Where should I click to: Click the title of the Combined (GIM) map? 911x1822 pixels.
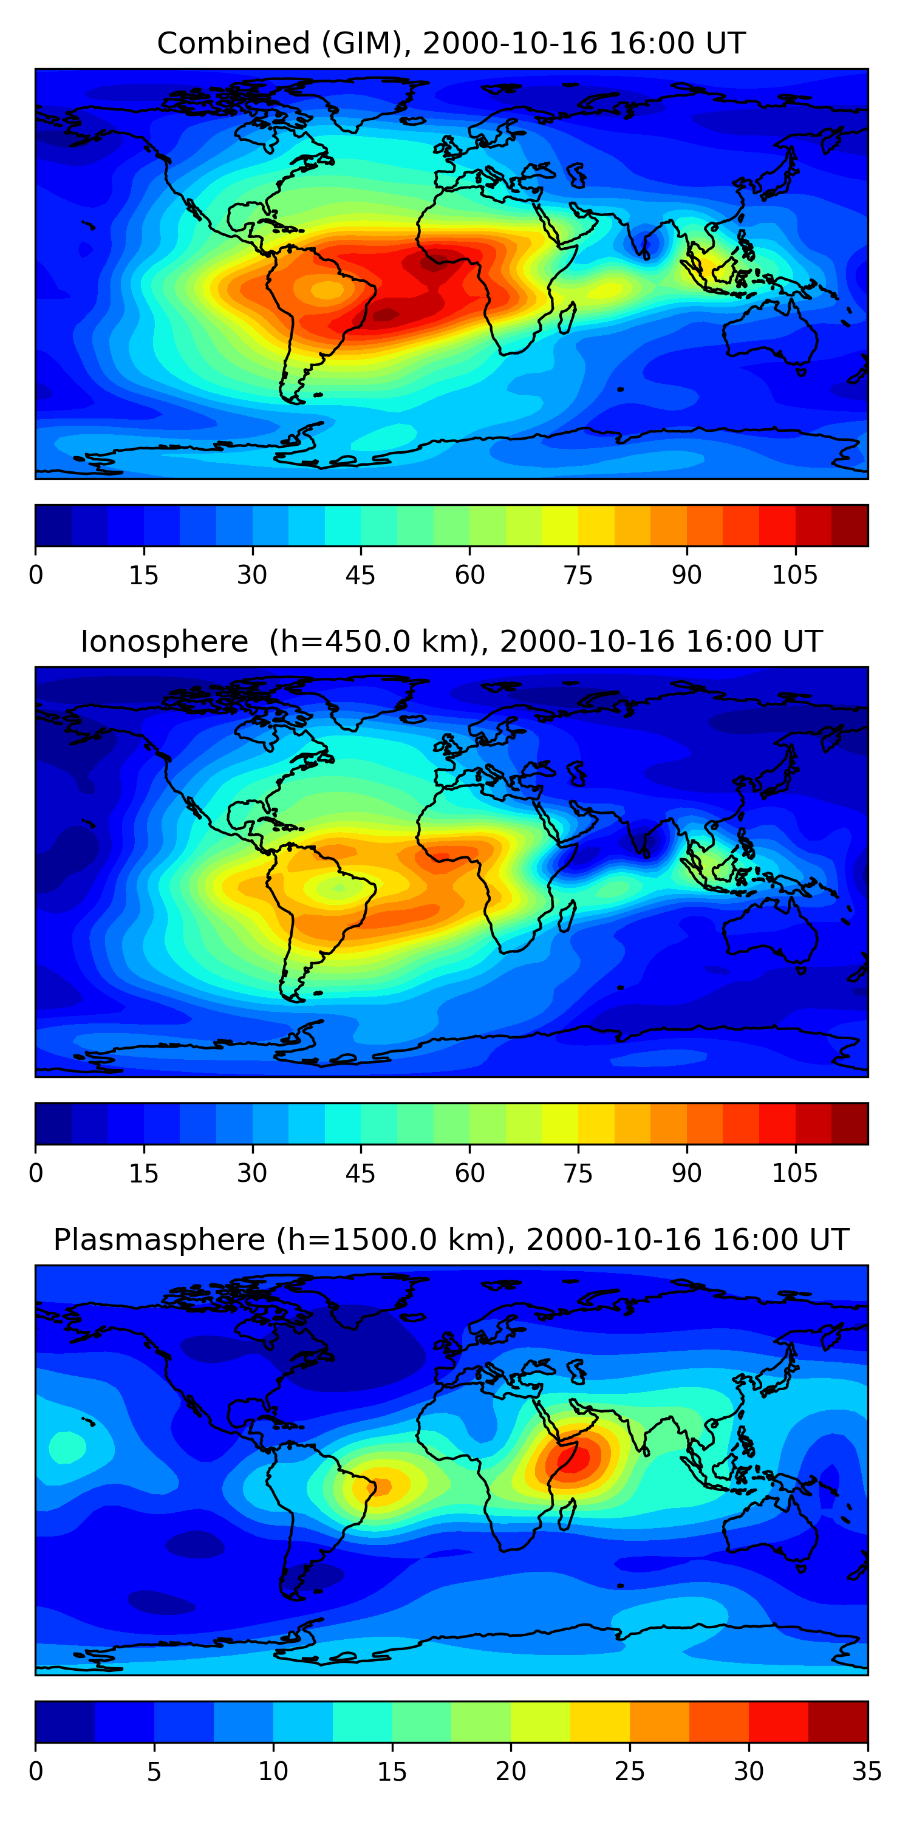(451, 44)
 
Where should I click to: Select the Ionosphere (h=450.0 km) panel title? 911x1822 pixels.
(451, 641)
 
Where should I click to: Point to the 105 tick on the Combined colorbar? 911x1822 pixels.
(794, 575)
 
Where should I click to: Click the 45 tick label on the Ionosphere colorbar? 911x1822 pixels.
(360, 1173)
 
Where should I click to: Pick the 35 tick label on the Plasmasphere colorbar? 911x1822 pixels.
(867, 1771)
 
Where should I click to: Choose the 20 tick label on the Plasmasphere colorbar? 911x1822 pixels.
(510, 1771)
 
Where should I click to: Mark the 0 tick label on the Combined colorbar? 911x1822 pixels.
(36, 575)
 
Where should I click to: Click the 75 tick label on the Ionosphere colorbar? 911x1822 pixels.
(578, 1173)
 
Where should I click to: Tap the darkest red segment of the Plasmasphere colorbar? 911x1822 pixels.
(838, 1722)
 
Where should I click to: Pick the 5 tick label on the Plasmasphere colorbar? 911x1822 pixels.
(154, 1771)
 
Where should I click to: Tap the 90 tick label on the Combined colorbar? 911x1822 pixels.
(686, 575)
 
